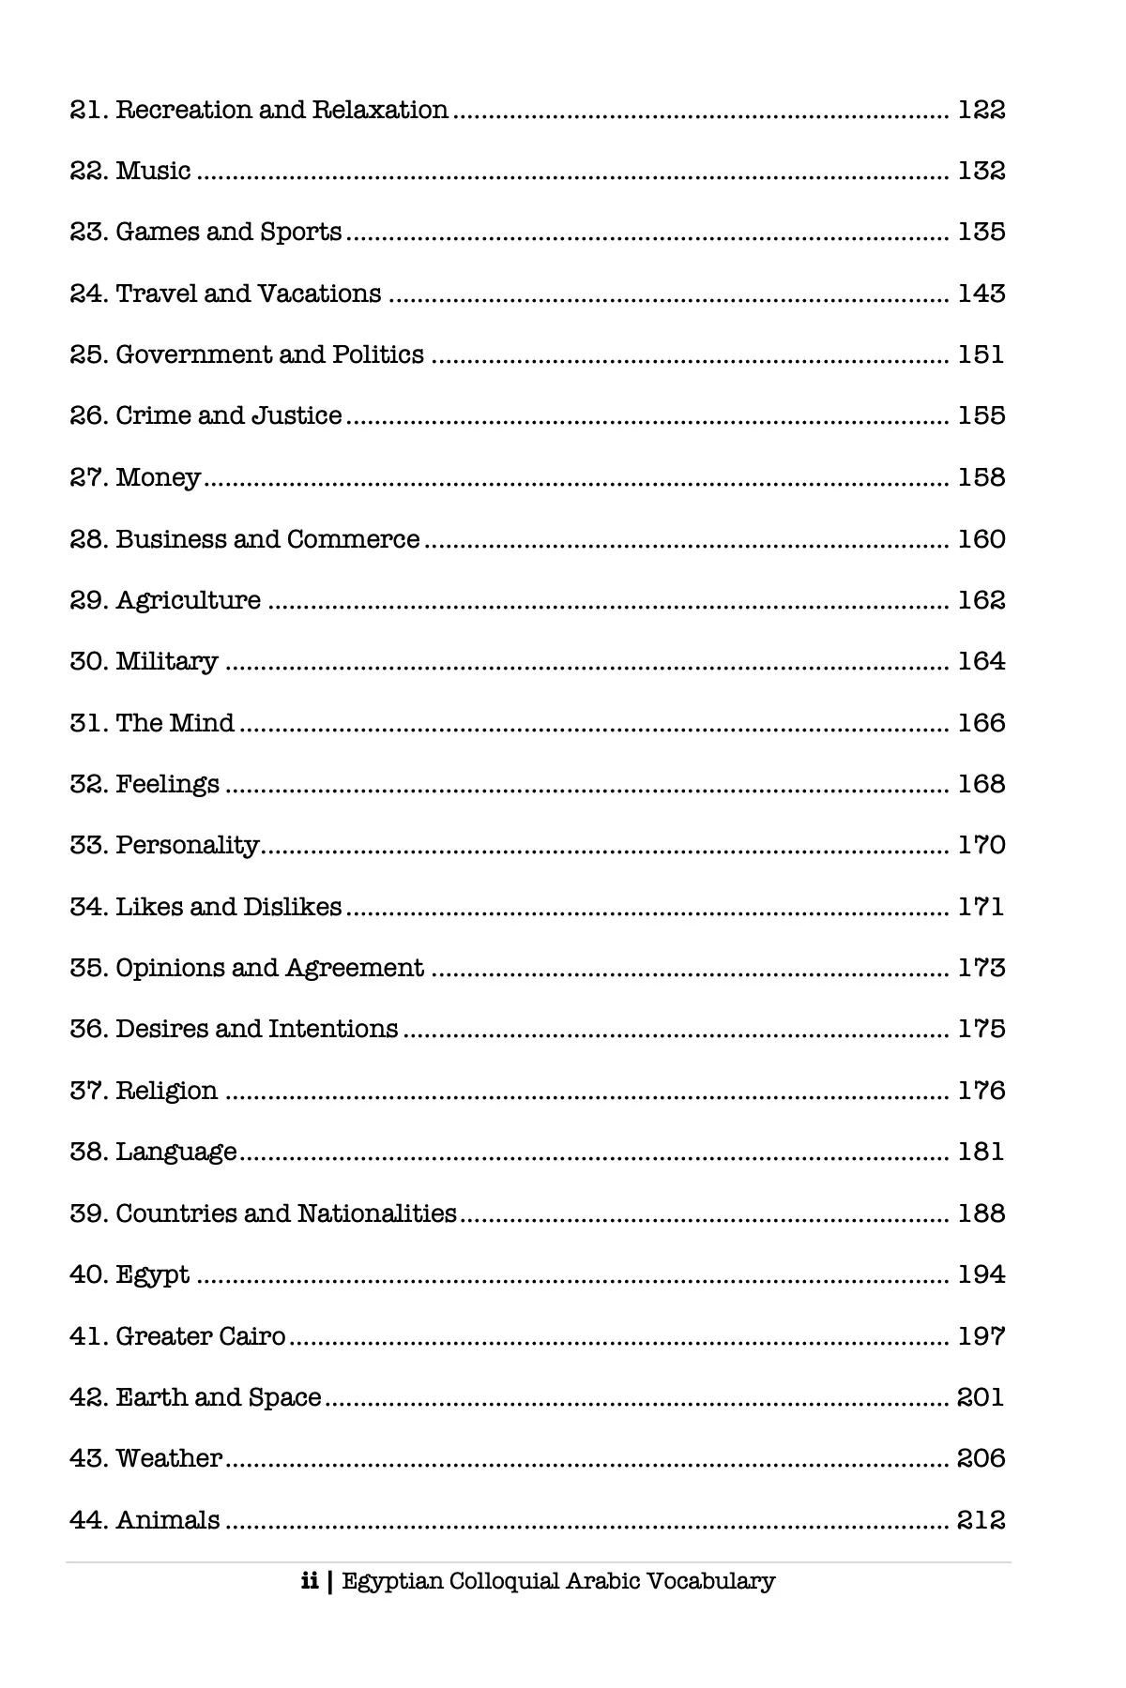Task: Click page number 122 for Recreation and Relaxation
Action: click(x=981, y=111)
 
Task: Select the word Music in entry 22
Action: click(x=153, y=172)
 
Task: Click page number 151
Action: click(x=981, y=355)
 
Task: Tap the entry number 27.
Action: click(x=90, y=478)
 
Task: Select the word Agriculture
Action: click(x=188, y=601)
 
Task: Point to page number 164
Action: click(x=981, y=662)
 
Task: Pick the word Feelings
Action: click(x=167, y=785)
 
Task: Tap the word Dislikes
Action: click(x=292, y=908)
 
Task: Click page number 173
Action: click(x=981, y=968)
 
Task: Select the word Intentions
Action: click(x=333, y=1030)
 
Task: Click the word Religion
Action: click(x=166, y=1091)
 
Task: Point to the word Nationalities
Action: click(x=376, y=1213)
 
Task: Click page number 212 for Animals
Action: click(x=981, y=1520)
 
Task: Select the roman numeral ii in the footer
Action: click(x=310, y=1582)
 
